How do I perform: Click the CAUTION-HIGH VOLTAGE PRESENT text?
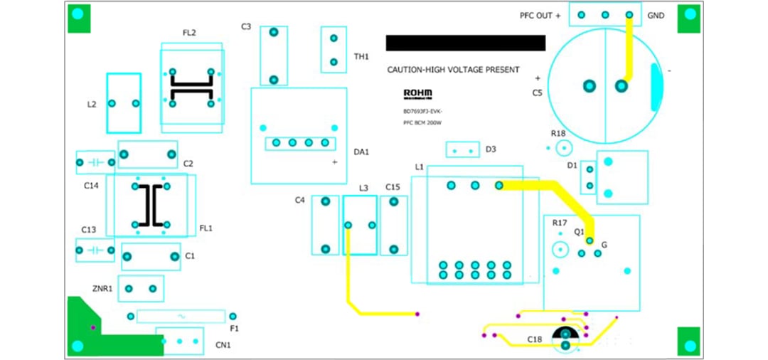453,70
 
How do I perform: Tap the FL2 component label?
189,33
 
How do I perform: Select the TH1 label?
361,56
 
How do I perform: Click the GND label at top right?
656,16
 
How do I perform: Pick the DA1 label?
361,152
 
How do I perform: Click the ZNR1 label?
102,289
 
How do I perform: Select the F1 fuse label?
234,329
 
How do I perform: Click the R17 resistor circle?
560,250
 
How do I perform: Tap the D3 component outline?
462,150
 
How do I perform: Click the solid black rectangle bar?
465,43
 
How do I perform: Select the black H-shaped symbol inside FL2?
191,88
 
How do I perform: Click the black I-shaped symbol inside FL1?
151,206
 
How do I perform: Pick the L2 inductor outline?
124,103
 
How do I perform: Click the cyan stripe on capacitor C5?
656,87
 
